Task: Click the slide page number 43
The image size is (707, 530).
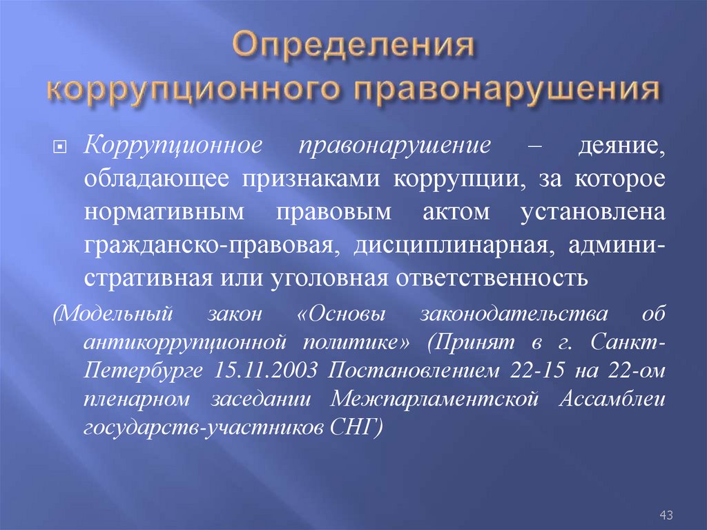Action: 666,515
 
